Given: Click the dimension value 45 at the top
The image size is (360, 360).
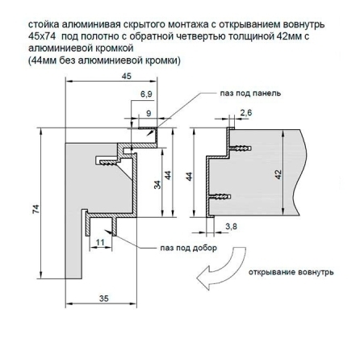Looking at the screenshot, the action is (127, 76).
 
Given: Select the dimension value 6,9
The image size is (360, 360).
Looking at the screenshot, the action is (146, 94).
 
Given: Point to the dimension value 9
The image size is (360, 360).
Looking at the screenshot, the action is (149, 114).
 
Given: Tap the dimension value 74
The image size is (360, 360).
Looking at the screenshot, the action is (36, 209).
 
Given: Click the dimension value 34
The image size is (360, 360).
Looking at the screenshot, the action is (157, 185).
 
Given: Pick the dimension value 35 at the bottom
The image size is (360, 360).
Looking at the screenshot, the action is (104, 299).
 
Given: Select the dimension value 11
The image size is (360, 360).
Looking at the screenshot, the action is (100, 242).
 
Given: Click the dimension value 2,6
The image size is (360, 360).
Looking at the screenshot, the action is (246, 113).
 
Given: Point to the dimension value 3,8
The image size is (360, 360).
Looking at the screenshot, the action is (231, 227).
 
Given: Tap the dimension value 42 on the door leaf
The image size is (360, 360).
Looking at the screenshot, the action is (278, 174).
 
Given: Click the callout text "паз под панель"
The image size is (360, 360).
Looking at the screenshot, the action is (250, 94).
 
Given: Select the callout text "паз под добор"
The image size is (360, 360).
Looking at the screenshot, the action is (189, 248).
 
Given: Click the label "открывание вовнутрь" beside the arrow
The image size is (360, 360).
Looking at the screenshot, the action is (291, 272).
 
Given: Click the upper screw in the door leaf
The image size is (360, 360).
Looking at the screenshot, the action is (240, 149).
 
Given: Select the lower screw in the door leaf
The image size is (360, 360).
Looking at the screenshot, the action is (220, 197).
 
